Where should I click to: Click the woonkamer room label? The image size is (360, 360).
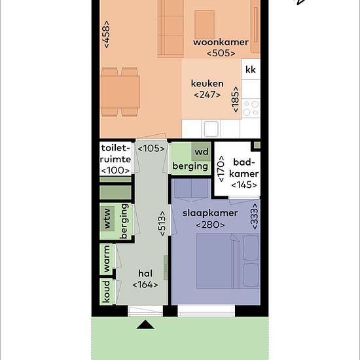click(x=221, y=43)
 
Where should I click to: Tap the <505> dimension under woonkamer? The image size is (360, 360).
click(x=221, y=53)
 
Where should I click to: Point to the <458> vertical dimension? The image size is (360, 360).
click(x=107, y=35)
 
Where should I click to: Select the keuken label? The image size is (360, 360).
click(x=207, y=83)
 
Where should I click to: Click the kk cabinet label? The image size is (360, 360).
click(x=251, y=69)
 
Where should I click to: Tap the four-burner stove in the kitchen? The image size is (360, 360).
click(x=251, y=109)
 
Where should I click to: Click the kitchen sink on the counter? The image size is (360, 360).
click(x=211, y=128)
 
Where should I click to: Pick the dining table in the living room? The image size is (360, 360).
click(x=120, y=92)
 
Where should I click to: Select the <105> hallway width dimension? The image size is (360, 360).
click(x=151, y=149)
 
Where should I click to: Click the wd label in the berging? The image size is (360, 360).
click(x=202, y=152)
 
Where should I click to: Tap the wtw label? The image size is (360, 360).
click(x=107, y=219)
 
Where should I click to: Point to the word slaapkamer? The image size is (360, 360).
click(x=210, y=213)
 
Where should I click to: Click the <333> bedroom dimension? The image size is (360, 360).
click(x=255, y=216)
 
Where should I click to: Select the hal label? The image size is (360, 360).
click(x=145, y=274)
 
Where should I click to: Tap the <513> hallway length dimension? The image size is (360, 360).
click(x=162, y=224)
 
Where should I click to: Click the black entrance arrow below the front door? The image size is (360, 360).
click(x=145, y=325)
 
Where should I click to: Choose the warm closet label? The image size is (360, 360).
click(x=107, y=259)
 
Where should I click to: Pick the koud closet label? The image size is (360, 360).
click(x=106, y=291)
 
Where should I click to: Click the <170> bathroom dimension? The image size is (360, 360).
click(x=221, y=169)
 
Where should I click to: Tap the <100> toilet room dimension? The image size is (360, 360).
click(x=115, y=171)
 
